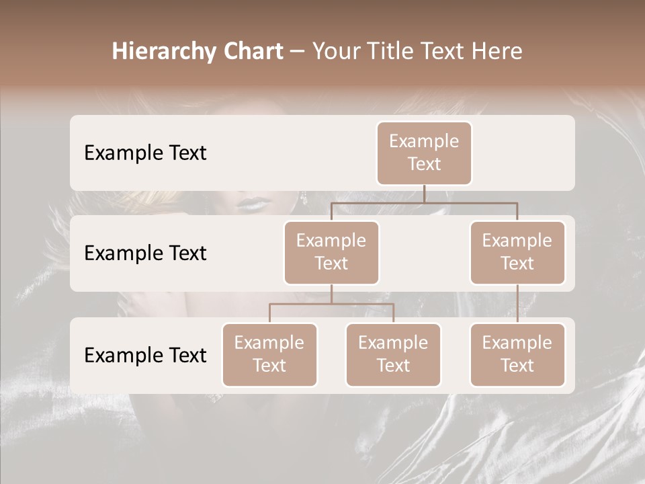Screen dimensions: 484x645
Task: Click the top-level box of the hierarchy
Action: (x=424, y=153)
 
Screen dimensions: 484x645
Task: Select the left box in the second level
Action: (x=331, y=252)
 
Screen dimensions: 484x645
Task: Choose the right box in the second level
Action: (x=517, y=252)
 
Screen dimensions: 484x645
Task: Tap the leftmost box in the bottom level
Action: (x=269, y=354)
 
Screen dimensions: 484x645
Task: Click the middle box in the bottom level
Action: (x=393, y=354)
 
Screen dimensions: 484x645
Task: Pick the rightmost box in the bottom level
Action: (x=517, y=354)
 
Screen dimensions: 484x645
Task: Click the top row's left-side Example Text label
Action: (x=145, y=153)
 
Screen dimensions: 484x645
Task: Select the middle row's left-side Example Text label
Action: (x=145, y=253)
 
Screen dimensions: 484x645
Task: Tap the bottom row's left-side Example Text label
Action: (x=145, y=355)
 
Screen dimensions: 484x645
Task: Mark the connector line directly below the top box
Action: (x=424, y=194)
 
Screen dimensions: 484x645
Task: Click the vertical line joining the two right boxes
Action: (x=517, y=304)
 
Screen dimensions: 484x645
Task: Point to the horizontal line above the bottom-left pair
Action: (x=331, y=304)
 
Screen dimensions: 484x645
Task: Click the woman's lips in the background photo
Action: (x=254, y=202)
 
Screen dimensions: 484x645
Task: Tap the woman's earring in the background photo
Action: (x=304, y=198)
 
